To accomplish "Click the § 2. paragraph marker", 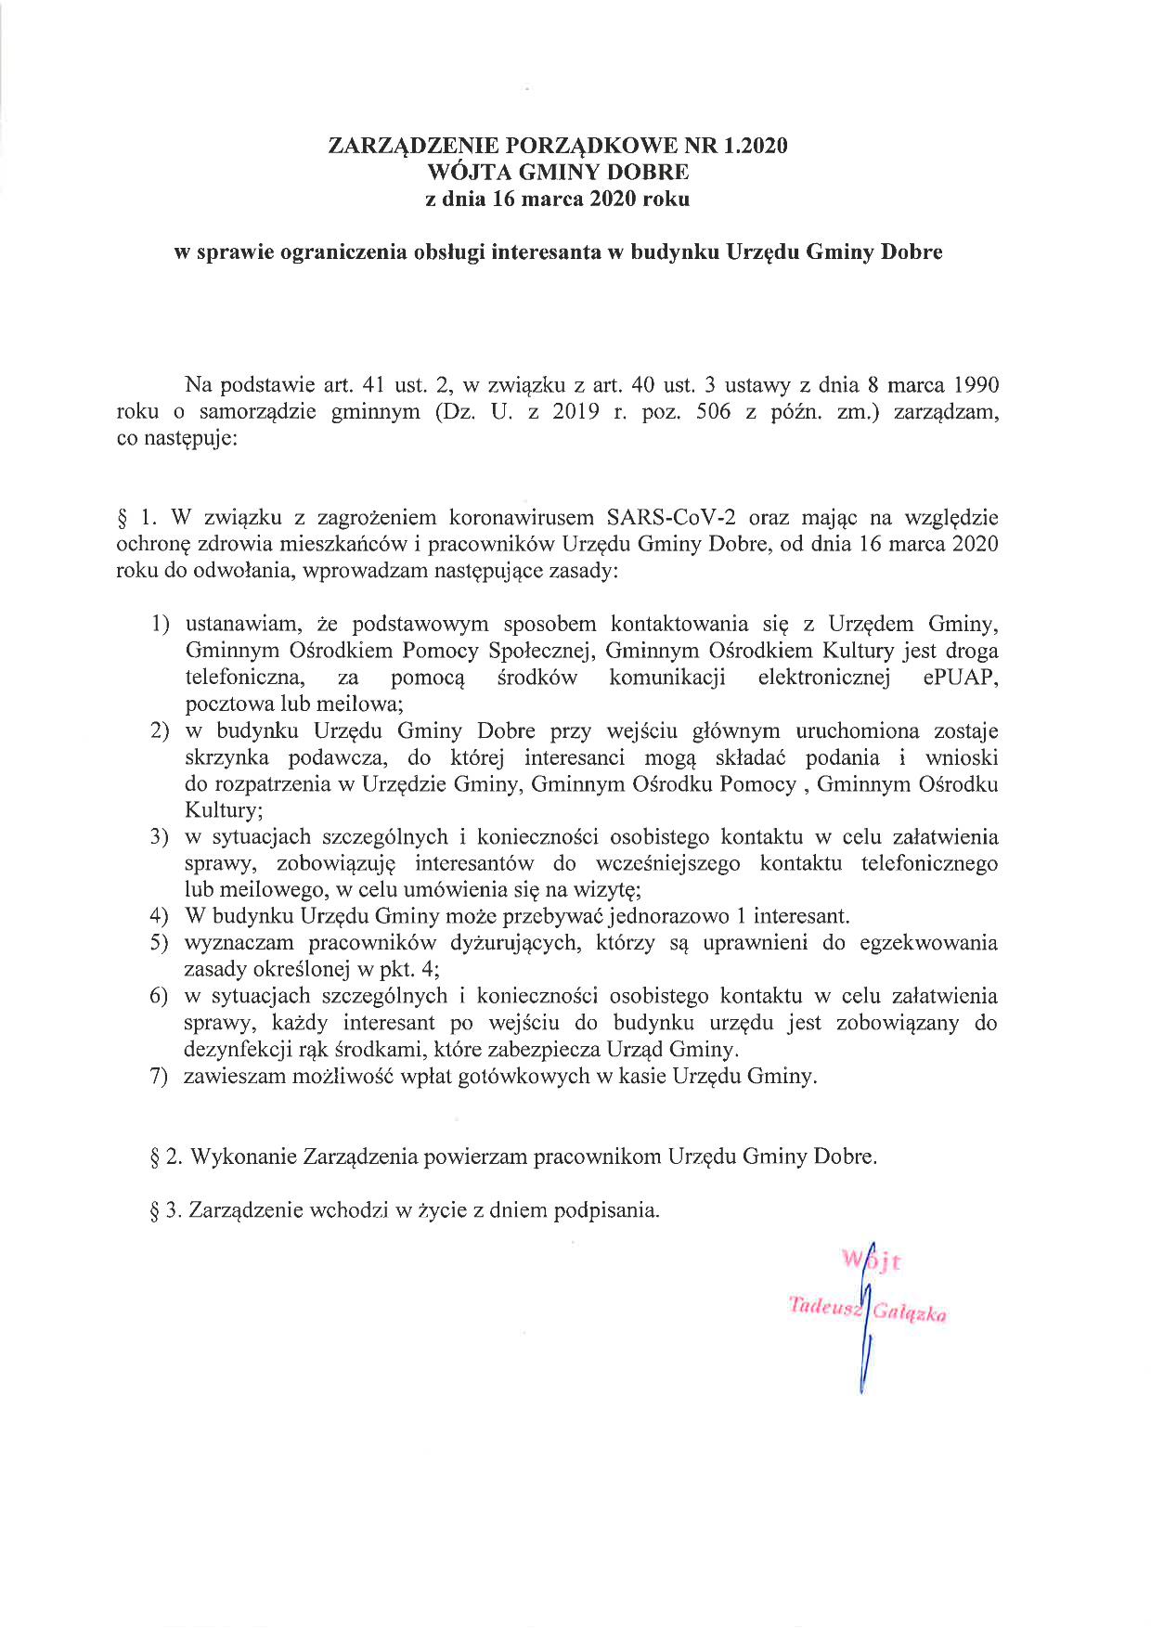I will click(165, 1157).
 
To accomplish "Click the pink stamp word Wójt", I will click(872, 1261).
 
